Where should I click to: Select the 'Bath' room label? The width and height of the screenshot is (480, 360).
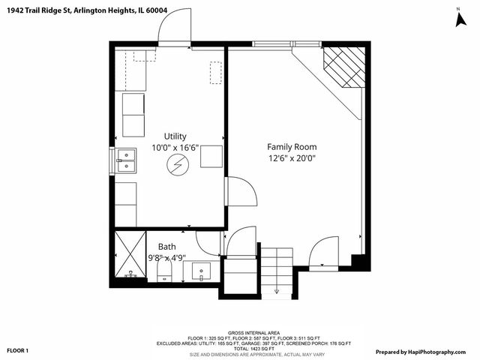167,246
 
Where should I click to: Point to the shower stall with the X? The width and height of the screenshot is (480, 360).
131,256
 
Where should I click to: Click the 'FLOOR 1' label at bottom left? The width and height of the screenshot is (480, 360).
18,350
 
